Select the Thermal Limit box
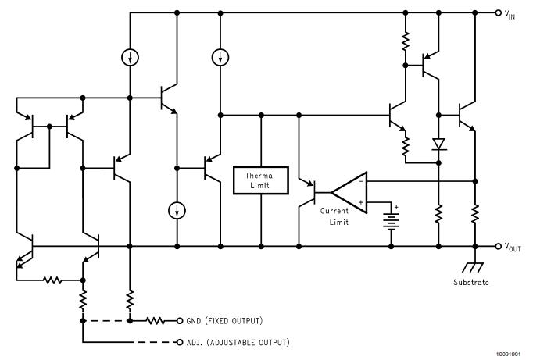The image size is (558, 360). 261,180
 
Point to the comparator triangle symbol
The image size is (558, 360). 349,191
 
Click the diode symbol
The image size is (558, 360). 438,144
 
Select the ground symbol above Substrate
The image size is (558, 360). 474,266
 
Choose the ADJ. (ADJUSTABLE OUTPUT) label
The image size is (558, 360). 238,343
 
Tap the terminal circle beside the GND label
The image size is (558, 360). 179,320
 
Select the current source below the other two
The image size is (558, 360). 177,210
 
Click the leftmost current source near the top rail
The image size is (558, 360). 130,56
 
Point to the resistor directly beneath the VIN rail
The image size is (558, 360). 406,41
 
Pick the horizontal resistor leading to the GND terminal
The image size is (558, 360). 156,320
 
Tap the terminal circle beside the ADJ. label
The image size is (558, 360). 179,342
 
